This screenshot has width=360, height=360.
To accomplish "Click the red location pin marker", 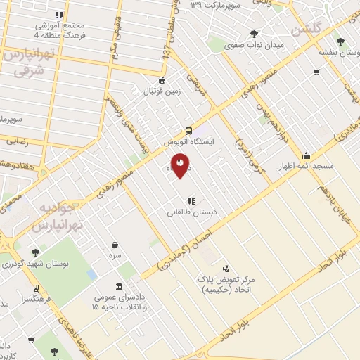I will [181, 165].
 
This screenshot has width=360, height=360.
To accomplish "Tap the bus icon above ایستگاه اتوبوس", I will [188, 131].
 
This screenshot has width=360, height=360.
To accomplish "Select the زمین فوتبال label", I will [163, 91].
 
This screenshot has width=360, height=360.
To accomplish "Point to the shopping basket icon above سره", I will [115, 245].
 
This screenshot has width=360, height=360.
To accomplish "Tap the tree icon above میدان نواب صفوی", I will [254, 34].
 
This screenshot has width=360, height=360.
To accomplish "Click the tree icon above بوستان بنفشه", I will [340, 41].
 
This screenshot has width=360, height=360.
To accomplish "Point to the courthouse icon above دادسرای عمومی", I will [118, 287].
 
